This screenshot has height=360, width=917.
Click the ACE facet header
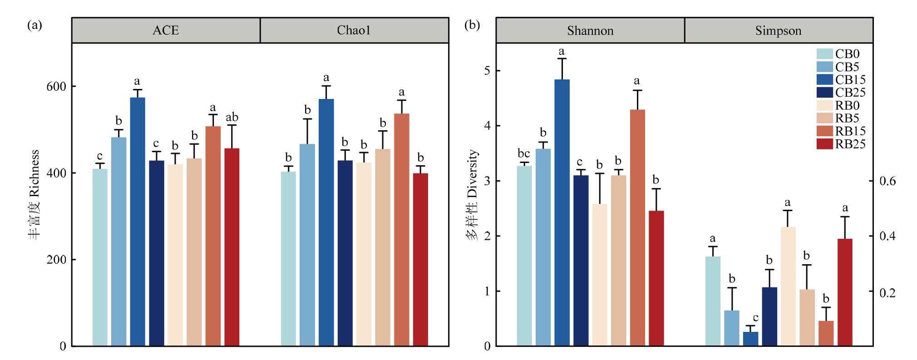point(166,30)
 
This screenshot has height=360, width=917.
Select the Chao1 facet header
point(354,30)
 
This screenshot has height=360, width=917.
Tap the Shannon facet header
point(590,30)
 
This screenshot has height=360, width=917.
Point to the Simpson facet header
point(779,30)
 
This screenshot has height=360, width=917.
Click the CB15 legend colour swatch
point(824,79)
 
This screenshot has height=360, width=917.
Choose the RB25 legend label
point(850,144)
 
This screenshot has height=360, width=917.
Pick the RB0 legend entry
point(847,105)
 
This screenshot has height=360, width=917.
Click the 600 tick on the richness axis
point(56,86)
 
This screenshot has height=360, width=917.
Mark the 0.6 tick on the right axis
point(887,181)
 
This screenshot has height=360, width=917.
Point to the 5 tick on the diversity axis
point(487,71)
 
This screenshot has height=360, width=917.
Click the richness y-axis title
point(35,195)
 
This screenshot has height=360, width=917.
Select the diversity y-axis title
point(473,195)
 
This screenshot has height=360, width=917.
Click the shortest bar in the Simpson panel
point(750,339)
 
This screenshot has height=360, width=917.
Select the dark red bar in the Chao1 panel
point(420,259)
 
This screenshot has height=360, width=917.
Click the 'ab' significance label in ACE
point(232,117)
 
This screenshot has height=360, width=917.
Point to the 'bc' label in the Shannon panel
point(524,153)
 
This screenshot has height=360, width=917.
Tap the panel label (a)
point(35,25)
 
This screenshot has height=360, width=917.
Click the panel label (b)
point(472,25)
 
